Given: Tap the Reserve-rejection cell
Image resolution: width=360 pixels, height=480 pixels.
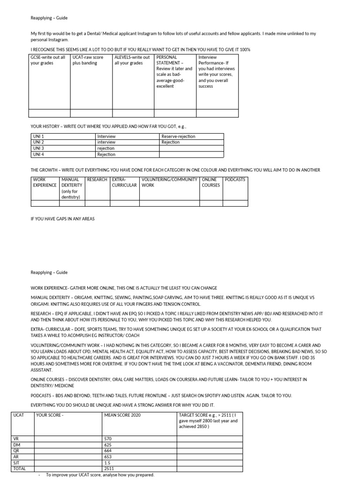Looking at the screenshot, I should pos(178,136).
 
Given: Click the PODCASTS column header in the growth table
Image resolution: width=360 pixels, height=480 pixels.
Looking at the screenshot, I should pos(235,180).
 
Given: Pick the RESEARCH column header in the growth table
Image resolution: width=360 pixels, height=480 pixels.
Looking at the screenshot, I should pos(97,180).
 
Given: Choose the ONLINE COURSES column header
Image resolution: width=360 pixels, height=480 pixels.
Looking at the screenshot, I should pos(210,182).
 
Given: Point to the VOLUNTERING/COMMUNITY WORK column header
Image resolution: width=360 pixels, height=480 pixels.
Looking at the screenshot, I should pos(169,182).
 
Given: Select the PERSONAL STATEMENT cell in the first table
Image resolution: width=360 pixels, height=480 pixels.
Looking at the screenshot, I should pos(174,72).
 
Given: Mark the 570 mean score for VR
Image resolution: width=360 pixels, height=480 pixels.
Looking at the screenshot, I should pos(109,439).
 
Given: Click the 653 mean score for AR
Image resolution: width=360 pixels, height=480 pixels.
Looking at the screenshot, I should pos(109,457).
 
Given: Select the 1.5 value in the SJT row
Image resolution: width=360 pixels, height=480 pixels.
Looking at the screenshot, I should pos(108,462).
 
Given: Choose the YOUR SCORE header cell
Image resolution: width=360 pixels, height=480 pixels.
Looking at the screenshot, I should pos(50,415).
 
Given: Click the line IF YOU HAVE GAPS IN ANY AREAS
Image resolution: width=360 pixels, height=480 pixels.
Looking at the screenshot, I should pos(63,219).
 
